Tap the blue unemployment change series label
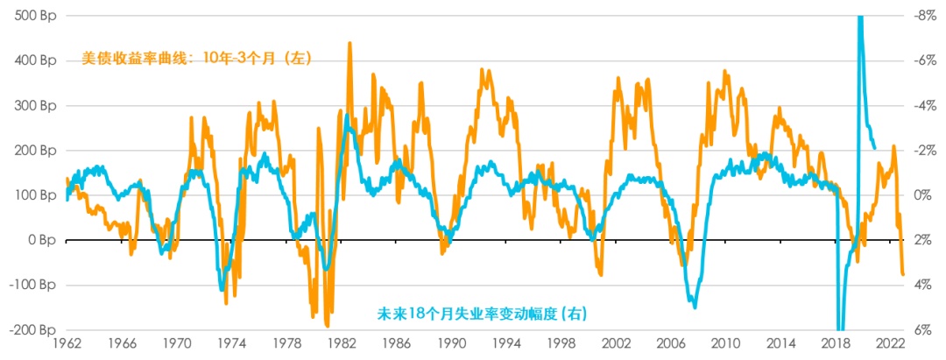pos(482,312)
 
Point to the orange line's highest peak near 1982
pos(350,42)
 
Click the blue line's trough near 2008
pos(695,307)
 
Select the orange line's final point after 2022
pos(904,275)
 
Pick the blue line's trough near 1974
pos(222,290)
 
